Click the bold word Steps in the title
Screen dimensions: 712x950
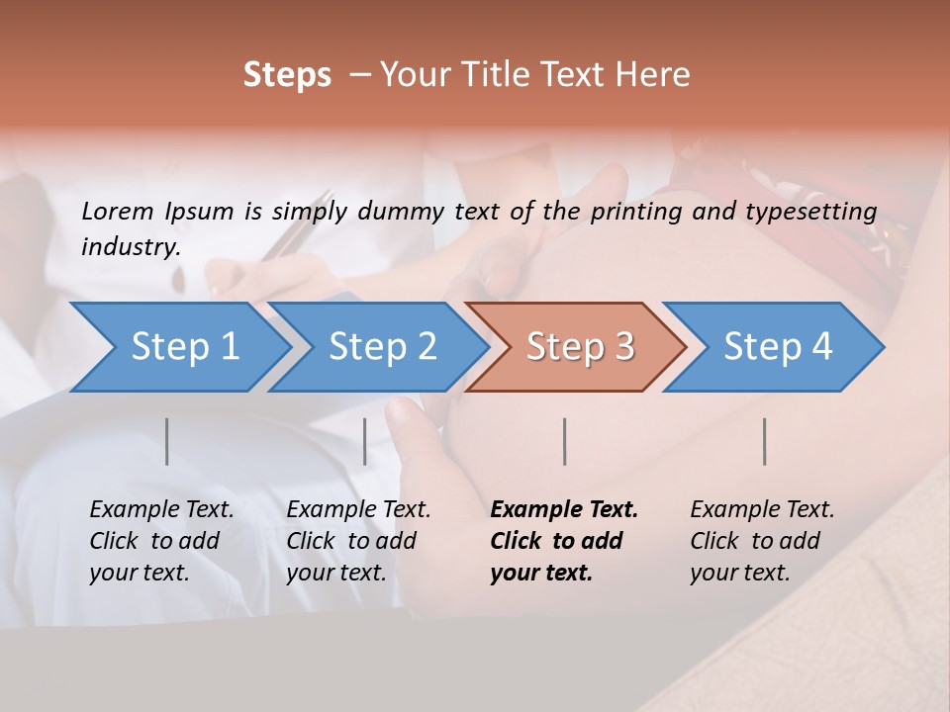[x=287, y=75]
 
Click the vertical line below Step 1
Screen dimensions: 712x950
[x=167, y=441]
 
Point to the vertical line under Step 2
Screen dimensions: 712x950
[x=365, y=441]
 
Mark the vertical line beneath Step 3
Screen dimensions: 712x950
[x=565, y=441]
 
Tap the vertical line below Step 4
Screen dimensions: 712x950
[x=765, y=441]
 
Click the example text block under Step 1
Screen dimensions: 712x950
[x=161, y=541]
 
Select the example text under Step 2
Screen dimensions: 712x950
[x=358, y=541]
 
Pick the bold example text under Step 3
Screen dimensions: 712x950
[x=564, y=541]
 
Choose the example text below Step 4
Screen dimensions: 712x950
[x=762, y=541]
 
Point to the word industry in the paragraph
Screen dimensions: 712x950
[x=131, y=247]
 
